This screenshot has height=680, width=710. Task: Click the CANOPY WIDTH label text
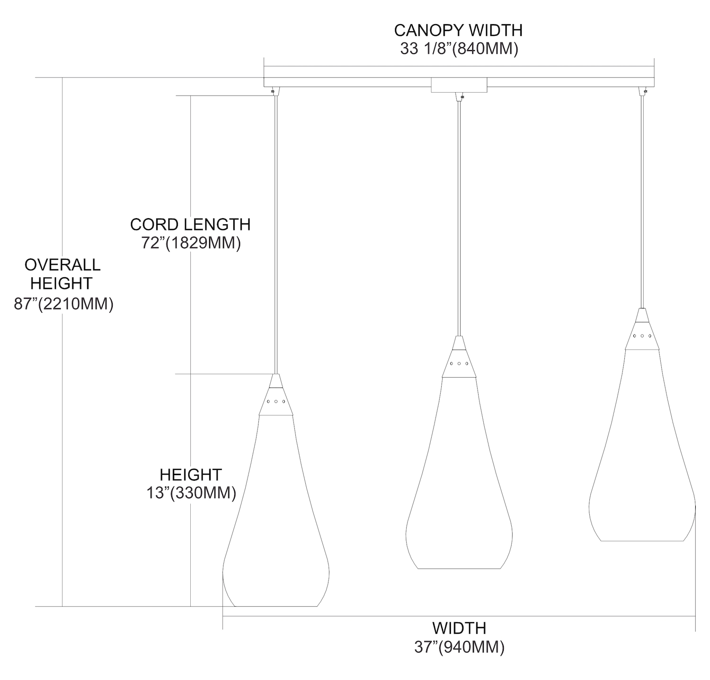pos(458,30)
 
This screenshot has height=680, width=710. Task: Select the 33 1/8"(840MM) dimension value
pos(458,49)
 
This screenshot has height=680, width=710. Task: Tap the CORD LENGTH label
pos(190,224)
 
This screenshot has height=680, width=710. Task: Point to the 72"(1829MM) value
pos(190,243)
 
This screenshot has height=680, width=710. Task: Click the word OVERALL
pos(62,265)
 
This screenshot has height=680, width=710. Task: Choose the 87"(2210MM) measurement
pos(63,304)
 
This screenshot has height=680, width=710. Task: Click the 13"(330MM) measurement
pos(191,493)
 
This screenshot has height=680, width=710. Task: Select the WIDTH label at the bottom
pos(459,628)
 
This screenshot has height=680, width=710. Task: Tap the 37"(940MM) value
pos(459,647)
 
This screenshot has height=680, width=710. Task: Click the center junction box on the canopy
pos(459,85)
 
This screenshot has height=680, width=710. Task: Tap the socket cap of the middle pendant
pos(459,358)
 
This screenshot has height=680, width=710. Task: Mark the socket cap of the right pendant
pos(642,330)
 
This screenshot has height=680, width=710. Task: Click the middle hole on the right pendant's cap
pos(642,336)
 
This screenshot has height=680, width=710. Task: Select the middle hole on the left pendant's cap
pos(276,401)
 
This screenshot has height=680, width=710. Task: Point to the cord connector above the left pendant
pos(274,90)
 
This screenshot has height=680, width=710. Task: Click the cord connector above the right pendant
pos(642,90)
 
